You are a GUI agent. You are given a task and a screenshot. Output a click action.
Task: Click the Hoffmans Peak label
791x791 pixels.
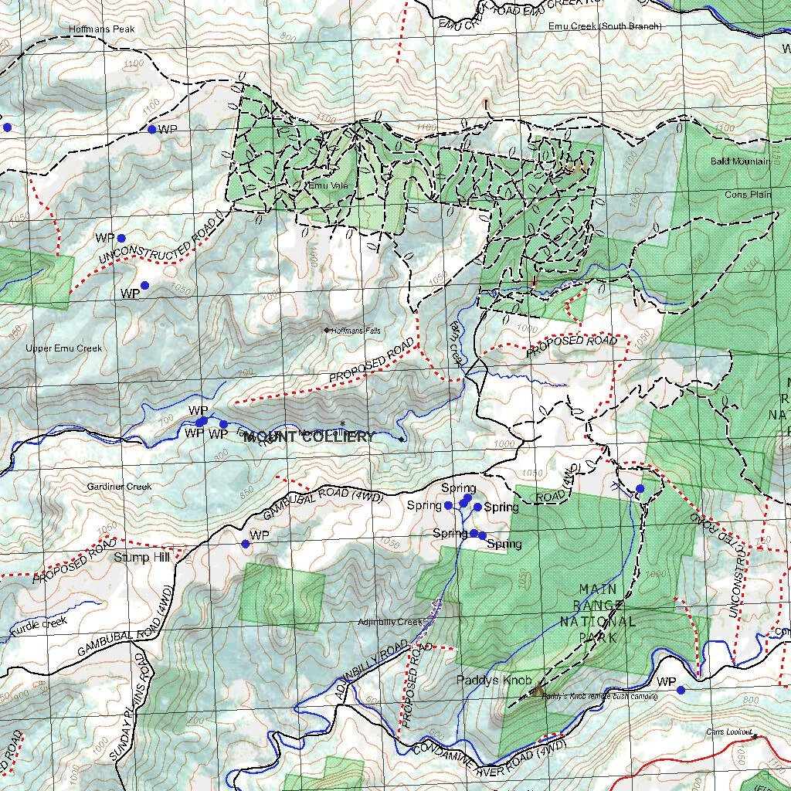point(102,29)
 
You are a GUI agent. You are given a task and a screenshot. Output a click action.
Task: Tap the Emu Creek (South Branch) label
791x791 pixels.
point(605,26)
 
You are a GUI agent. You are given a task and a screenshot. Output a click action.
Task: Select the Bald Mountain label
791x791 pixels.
point(739,161)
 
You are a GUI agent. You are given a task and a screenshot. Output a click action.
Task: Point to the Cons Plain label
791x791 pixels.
point(748,195)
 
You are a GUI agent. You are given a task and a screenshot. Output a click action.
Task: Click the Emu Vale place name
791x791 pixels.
point(328,185)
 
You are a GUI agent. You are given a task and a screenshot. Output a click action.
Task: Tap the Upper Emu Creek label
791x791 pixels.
point(63,348)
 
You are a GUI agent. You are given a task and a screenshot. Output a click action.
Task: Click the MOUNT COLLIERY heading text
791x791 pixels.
point(309,437)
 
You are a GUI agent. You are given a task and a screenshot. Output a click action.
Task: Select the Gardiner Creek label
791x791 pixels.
point(119,487)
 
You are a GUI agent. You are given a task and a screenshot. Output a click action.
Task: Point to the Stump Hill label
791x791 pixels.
point(141,557)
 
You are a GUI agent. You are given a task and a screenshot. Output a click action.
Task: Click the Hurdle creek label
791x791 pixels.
point(39,623)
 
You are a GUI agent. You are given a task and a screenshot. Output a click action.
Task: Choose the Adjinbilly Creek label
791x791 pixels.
point(390,622)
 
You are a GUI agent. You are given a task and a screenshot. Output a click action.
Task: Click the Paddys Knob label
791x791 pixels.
point(494,681)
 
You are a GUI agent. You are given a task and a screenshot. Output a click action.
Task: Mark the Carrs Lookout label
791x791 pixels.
point(728,732)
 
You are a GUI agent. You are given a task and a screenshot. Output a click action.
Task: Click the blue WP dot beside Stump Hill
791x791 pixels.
point(246,544)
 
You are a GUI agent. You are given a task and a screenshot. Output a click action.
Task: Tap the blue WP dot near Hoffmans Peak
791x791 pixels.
point(152,129)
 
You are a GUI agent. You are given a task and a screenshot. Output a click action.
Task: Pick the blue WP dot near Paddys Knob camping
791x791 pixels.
point(681,690)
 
